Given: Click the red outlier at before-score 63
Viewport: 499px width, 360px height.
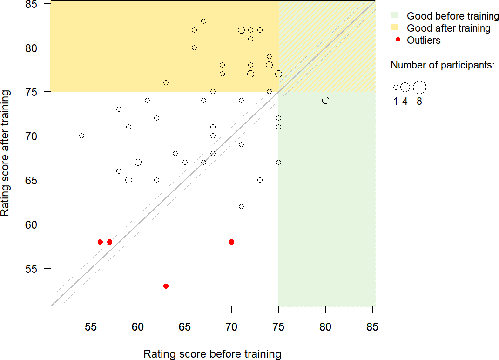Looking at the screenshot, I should (x=166, y=286).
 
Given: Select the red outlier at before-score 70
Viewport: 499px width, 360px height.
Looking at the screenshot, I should (x=231, y=242).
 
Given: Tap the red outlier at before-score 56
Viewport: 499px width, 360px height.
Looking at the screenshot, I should (x=100, y=242).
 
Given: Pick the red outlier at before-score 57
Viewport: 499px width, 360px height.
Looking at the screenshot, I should (x=109, y=242).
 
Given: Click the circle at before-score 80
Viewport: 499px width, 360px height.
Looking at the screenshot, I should (x=325, y=100).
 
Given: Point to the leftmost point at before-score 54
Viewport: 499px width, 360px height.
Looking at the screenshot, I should (x=81, y=136).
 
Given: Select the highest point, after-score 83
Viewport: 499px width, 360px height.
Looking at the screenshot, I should (x=203, y=21).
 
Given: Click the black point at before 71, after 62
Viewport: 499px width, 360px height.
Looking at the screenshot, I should (x=241, y=206).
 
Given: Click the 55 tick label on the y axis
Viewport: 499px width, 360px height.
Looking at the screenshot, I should (x=38, y=269).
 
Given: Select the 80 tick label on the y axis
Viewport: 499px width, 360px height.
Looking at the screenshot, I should (x=38, y=48).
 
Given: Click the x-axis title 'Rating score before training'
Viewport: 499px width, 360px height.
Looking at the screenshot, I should (x=212, y=354).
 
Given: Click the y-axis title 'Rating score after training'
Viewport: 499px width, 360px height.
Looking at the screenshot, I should (x=6, y=154).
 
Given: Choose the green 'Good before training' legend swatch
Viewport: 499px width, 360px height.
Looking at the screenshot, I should (x=395, y=16).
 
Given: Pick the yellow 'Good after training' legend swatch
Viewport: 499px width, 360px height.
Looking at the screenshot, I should (x=395, y=28).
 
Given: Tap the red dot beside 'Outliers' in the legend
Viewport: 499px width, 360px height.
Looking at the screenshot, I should (x=398, y=40).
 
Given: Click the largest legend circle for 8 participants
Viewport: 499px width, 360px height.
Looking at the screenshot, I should (x=419, y=87).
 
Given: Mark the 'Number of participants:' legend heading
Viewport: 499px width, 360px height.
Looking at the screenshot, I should (x=442, y=65).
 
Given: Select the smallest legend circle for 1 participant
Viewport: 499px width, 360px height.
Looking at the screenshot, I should (x=396, y=87).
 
